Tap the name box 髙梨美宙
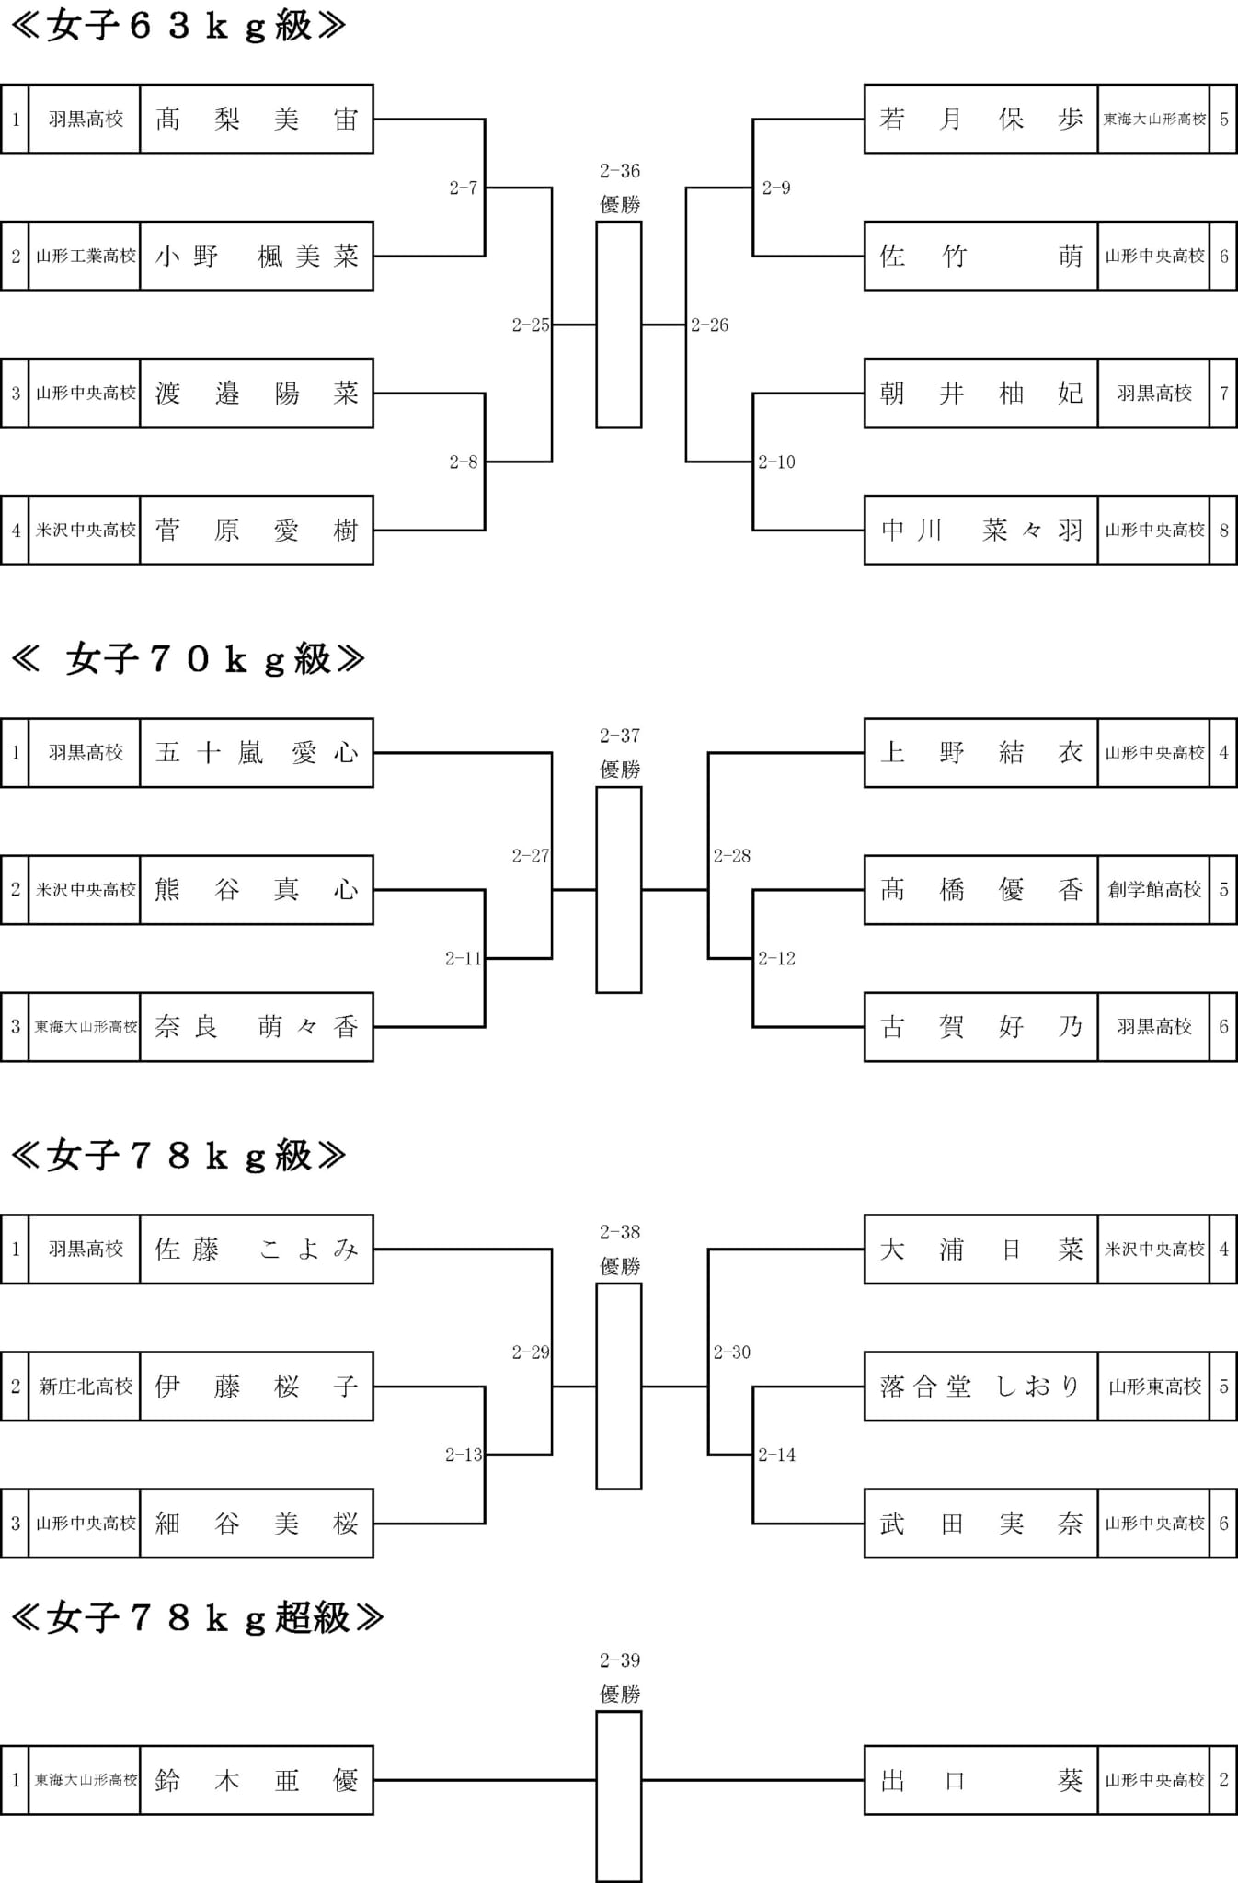[257, 119]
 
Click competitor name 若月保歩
[980, 119]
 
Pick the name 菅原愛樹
[257, 531]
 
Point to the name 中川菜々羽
[980, 531]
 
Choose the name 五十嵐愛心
[257, 753]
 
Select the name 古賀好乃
[980, 1027]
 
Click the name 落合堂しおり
[980, 1387]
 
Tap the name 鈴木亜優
[257, 1781]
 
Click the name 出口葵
[980, 1781]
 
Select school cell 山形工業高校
[86, 257]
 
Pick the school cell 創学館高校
[1154, 890]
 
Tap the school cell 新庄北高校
[86, 1387]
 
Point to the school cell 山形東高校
[1154, 1387]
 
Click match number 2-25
[531, 325]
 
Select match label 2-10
[777, 462]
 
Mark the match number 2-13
[464, 1455]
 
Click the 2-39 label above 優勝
[619, 1660]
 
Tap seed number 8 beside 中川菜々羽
[1223, 531]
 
